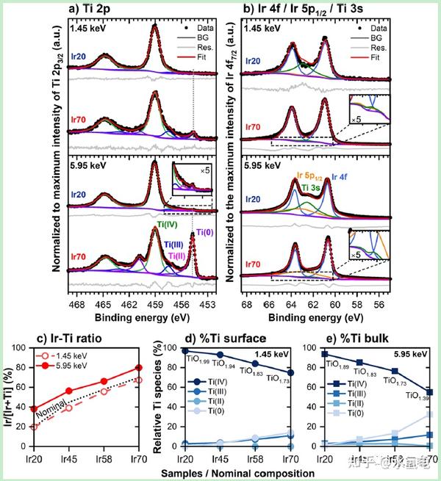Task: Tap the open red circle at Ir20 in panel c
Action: [x=32, y=426]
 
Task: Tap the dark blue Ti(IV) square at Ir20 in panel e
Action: [x=320, y=354]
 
